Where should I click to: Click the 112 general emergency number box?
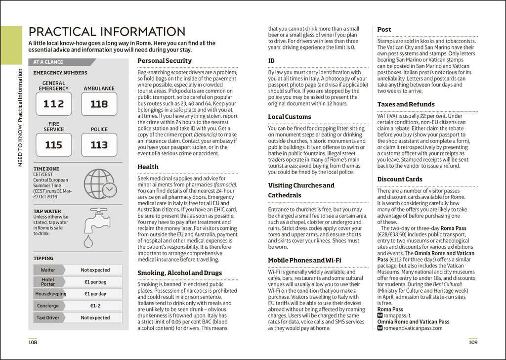[x=53, y=104]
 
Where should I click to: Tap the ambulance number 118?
[x=99, y=104]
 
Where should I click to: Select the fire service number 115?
[x=53, y=145]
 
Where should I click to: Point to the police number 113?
[x=99, y=145]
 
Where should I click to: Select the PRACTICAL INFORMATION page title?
[x=107, y=32]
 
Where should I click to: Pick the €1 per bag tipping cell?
[x=95, y=282]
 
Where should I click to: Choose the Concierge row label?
[x=48, y=306]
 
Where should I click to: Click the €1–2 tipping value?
[x=95, y=306]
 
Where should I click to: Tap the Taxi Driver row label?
[x=48, y=317]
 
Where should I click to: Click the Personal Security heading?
[x=165, y=61]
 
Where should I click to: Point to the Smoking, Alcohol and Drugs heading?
[x=179, y=273]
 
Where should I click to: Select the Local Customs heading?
[x=290, y=117]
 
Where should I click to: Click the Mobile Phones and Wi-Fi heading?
[x=304, y=260]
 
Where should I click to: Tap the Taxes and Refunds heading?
[x=406, y=104]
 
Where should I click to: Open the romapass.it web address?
[x=399, y=315]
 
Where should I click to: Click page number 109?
[x=473, y=342]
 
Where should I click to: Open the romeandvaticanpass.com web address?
[x=413, y=328]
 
